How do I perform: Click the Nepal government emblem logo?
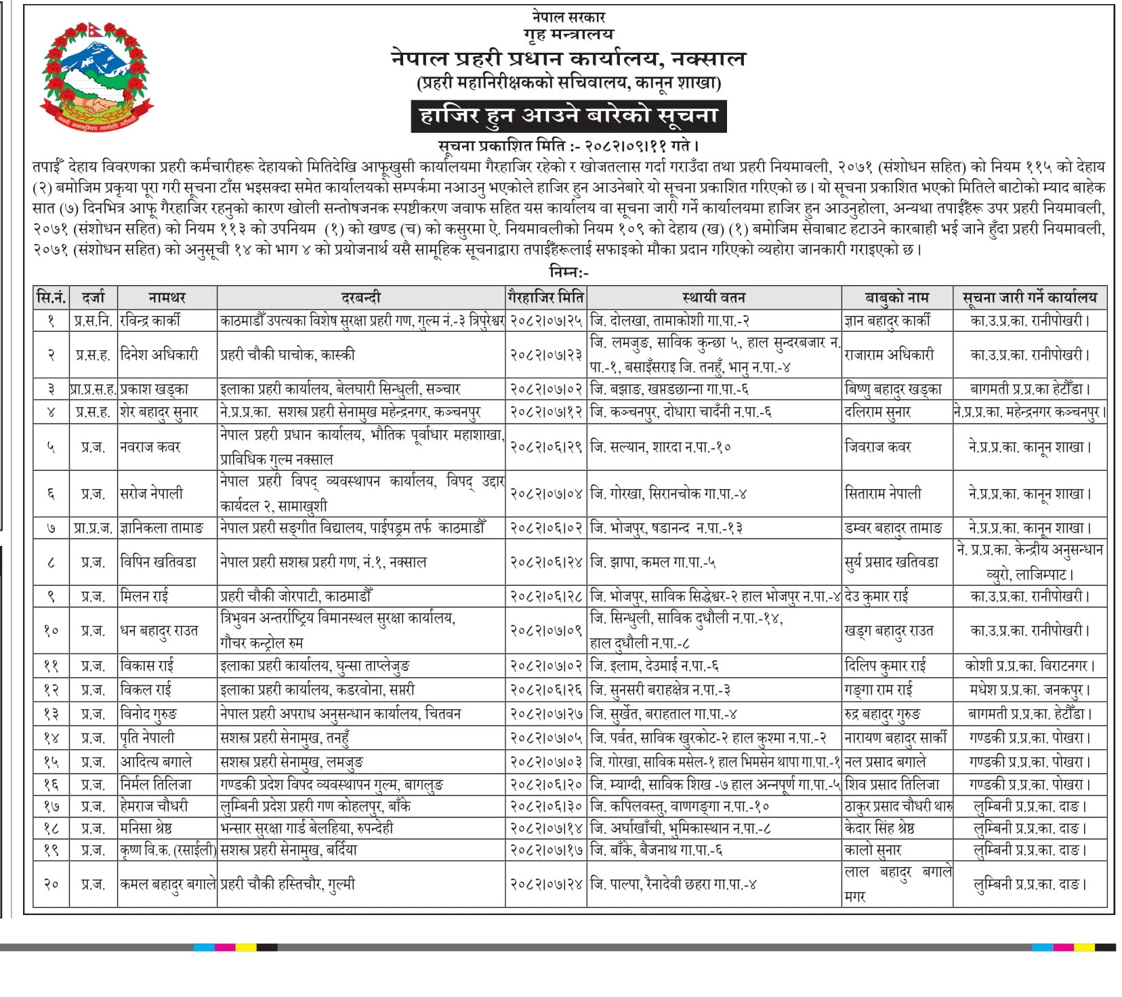[x=97, y=76]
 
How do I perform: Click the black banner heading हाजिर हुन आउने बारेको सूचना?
[x=568, y=116]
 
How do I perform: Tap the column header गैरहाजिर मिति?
[x=545, y=297]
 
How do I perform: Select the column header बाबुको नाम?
[x=896, y=297]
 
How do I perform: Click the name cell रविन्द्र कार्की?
[x=150, y=320]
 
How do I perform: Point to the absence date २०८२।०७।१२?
[x=545, y=412]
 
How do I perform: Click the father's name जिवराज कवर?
[x=878, y=447]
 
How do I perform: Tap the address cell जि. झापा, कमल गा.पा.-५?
[x=653, y=562]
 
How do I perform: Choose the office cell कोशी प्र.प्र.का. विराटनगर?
[x=1029, y=666]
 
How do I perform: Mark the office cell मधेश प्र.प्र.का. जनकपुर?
[x=1029, y=690]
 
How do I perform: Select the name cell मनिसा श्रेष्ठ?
[x=146, y=828]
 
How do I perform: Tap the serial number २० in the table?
[x=51, y=884]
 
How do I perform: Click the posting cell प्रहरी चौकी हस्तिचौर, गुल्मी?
[x=287, y=884]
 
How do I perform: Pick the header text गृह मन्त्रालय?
[x=568, y=33]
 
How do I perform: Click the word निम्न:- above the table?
[x=568, y=272]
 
